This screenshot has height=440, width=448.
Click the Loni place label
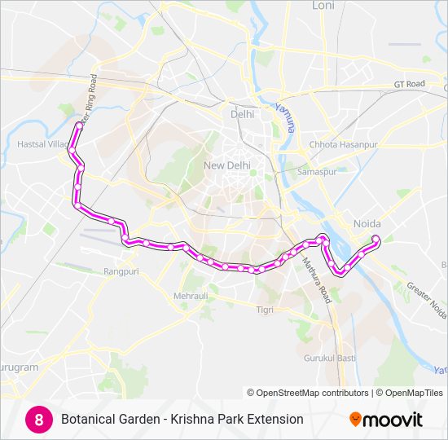[323, 5]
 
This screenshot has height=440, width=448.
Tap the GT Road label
[410, 84]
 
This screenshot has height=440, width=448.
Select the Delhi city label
[242, 114]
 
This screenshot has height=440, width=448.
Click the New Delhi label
[226, 165]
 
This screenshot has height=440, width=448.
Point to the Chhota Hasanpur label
[343, 144]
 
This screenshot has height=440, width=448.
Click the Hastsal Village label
[43, 144]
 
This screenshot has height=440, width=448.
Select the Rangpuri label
[121, 271]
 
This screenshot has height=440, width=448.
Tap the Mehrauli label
[191, 296]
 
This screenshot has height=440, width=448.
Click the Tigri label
[265, 310]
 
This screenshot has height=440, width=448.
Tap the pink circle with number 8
[37, 419]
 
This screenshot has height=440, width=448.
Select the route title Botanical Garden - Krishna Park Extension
[182, 419]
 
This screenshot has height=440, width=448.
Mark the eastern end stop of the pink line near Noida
[376, 239]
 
